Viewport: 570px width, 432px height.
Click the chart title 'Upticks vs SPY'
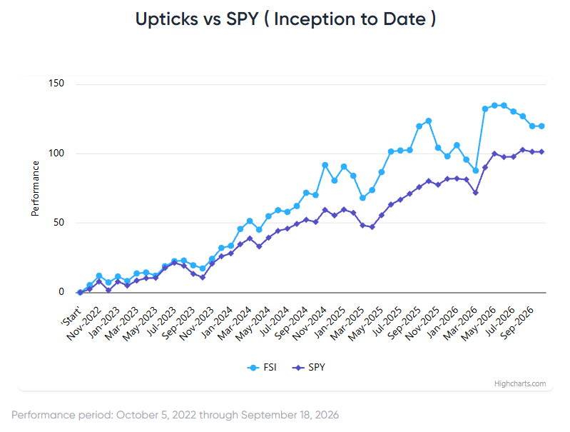197,19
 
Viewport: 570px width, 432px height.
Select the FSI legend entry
262,367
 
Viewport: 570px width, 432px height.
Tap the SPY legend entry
309,367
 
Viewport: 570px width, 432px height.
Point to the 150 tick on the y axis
56,84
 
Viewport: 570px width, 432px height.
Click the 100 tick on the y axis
56,154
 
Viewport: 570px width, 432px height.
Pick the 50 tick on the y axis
59,222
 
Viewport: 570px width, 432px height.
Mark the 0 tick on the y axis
61,291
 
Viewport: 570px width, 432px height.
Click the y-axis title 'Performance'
35,189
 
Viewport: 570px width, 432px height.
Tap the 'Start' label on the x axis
71,316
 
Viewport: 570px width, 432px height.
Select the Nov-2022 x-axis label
83,323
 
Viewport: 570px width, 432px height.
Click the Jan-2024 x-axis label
217,323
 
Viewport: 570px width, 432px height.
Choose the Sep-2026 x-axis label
517,323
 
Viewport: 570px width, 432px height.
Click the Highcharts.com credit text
520,383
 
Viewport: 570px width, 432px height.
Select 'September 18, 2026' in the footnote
290,415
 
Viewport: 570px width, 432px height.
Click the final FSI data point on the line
541,126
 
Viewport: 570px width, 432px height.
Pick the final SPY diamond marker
541,152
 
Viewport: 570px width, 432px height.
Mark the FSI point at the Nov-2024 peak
325,165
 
